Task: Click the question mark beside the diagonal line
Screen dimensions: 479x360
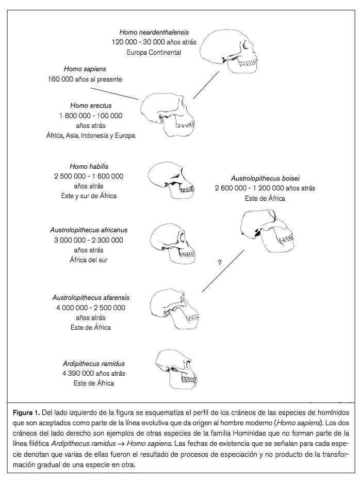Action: [220, 263]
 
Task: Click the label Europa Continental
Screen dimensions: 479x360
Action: [153, 53]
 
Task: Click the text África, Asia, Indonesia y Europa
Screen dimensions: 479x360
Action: [91, 136]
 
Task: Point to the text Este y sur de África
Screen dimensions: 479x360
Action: [89, 196]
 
